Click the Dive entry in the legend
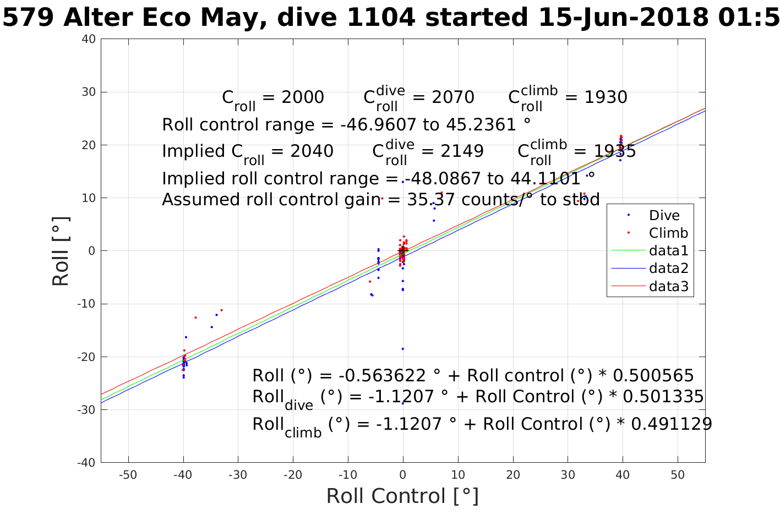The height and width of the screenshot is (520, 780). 664,215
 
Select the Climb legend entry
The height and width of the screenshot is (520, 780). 668,233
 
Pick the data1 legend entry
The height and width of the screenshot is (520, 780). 668,251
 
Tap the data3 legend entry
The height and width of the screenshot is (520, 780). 668,286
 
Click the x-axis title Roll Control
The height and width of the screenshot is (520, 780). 402,496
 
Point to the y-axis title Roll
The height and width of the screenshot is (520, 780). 61,251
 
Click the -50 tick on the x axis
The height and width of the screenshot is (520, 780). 128,475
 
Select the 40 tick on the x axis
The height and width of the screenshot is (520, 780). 623,475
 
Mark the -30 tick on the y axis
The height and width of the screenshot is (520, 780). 86,410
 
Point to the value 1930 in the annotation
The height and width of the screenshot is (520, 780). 605,97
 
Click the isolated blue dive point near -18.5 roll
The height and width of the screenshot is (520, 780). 403,349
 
